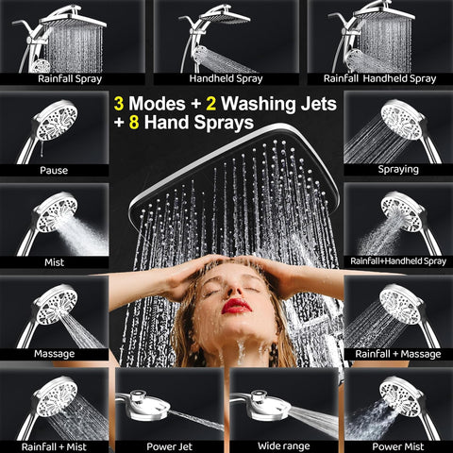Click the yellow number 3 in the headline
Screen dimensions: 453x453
119,104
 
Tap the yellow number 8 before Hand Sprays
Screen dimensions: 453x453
134,123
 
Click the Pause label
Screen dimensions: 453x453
54,171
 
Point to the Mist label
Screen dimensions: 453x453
54,262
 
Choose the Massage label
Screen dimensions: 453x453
54,354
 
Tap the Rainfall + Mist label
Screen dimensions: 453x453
54,446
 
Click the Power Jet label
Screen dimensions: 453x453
169,446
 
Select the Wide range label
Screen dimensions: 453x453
284,446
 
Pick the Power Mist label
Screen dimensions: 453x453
398,446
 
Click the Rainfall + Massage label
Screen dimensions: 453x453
398,354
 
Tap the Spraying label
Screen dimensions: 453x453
398,170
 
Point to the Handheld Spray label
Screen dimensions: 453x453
226,78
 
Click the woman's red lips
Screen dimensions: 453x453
237,307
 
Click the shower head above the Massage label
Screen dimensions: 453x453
56,305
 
